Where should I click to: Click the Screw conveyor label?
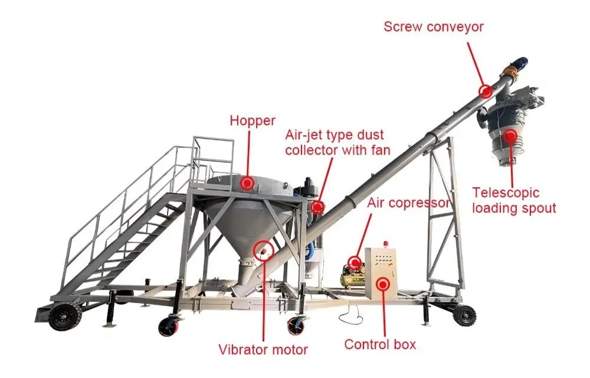(x=434, y=27)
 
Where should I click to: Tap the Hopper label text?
(x=253, y=121)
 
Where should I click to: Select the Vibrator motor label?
(x=263, y=350)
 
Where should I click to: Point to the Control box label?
(x=380, y=344)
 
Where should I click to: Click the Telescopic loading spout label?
(x=514, y=200)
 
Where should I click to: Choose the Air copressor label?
(x=409, y=203)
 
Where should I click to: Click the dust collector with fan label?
(x=337, y=142)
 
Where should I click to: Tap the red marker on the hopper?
(x=247, y=183)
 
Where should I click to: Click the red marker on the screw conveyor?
(x=486, y=91)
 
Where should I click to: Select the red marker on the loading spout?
(x=510, y=135)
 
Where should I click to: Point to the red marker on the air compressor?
(x=355, y=262)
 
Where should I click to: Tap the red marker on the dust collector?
(x=317, y=207)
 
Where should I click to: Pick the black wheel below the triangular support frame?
(x=464, y=315)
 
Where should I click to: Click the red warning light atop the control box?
(x=385, y=244)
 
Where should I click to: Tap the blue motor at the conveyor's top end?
(x=520, y=64)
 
